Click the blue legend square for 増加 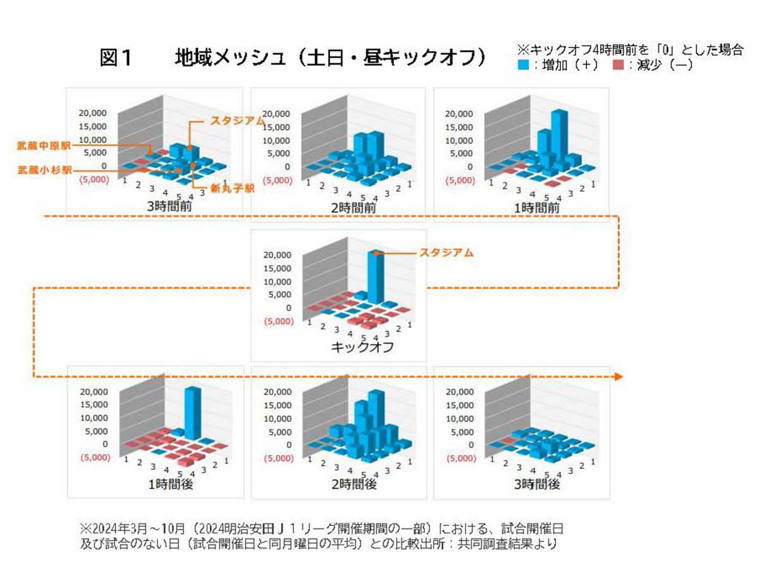point(522,65)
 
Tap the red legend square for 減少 point(619,65)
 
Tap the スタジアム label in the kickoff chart point(447,252)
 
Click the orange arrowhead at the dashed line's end point(619,377)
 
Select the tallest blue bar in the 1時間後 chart point(192,414)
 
